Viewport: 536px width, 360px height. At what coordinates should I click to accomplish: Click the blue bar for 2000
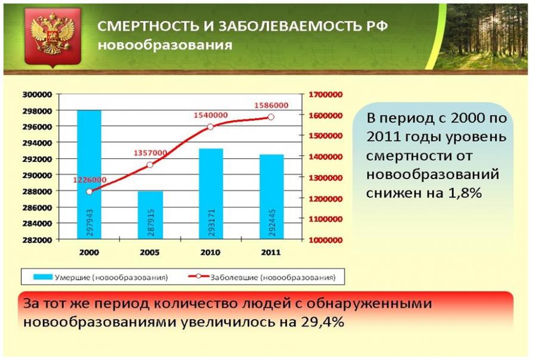click(89, 174)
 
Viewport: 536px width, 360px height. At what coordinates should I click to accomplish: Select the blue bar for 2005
click(150, 215)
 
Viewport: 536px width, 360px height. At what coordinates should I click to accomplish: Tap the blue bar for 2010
click(211, 193)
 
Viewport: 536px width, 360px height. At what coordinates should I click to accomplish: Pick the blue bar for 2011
click(272, 197)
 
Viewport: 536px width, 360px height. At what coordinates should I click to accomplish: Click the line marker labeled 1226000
click(89, 192)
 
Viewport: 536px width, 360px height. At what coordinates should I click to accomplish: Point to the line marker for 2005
click(149, 165)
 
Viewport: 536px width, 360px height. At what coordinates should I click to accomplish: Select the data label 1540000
click(211, 115)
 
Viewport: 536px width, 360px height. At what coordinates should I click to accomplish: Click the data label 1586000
click(271, 105)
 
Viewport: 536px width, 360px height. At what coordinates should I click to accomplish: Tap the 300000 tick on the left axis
click(38, 95)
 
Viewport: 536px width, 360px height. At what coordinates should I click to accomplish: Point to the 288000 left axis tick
click(38, 191)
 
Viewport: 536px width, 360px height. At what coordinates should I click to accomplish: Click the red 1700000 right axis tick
click(325, 95)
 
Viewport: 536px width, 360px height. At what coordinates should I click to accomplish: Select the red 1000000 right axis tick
click(325, 240)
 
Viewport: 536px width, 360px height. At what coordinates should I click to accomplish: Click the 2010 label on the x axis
click(210, 252)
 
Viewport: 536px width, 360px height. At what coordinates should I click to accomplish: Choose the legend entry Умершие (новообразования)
click(101, 277)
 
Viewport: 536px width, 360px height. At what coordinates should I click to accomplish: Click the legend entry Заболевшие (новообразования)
click(262, 277)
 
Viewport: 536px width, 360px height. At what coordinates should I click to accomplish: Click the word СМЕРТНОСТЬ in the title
click(148, 26)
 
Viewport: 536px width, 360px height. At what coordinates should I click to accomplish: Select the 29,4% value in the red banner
click(322, 322)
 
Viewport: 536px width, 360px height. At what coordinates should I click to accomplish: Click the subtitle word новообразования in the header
click(165, 45)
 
